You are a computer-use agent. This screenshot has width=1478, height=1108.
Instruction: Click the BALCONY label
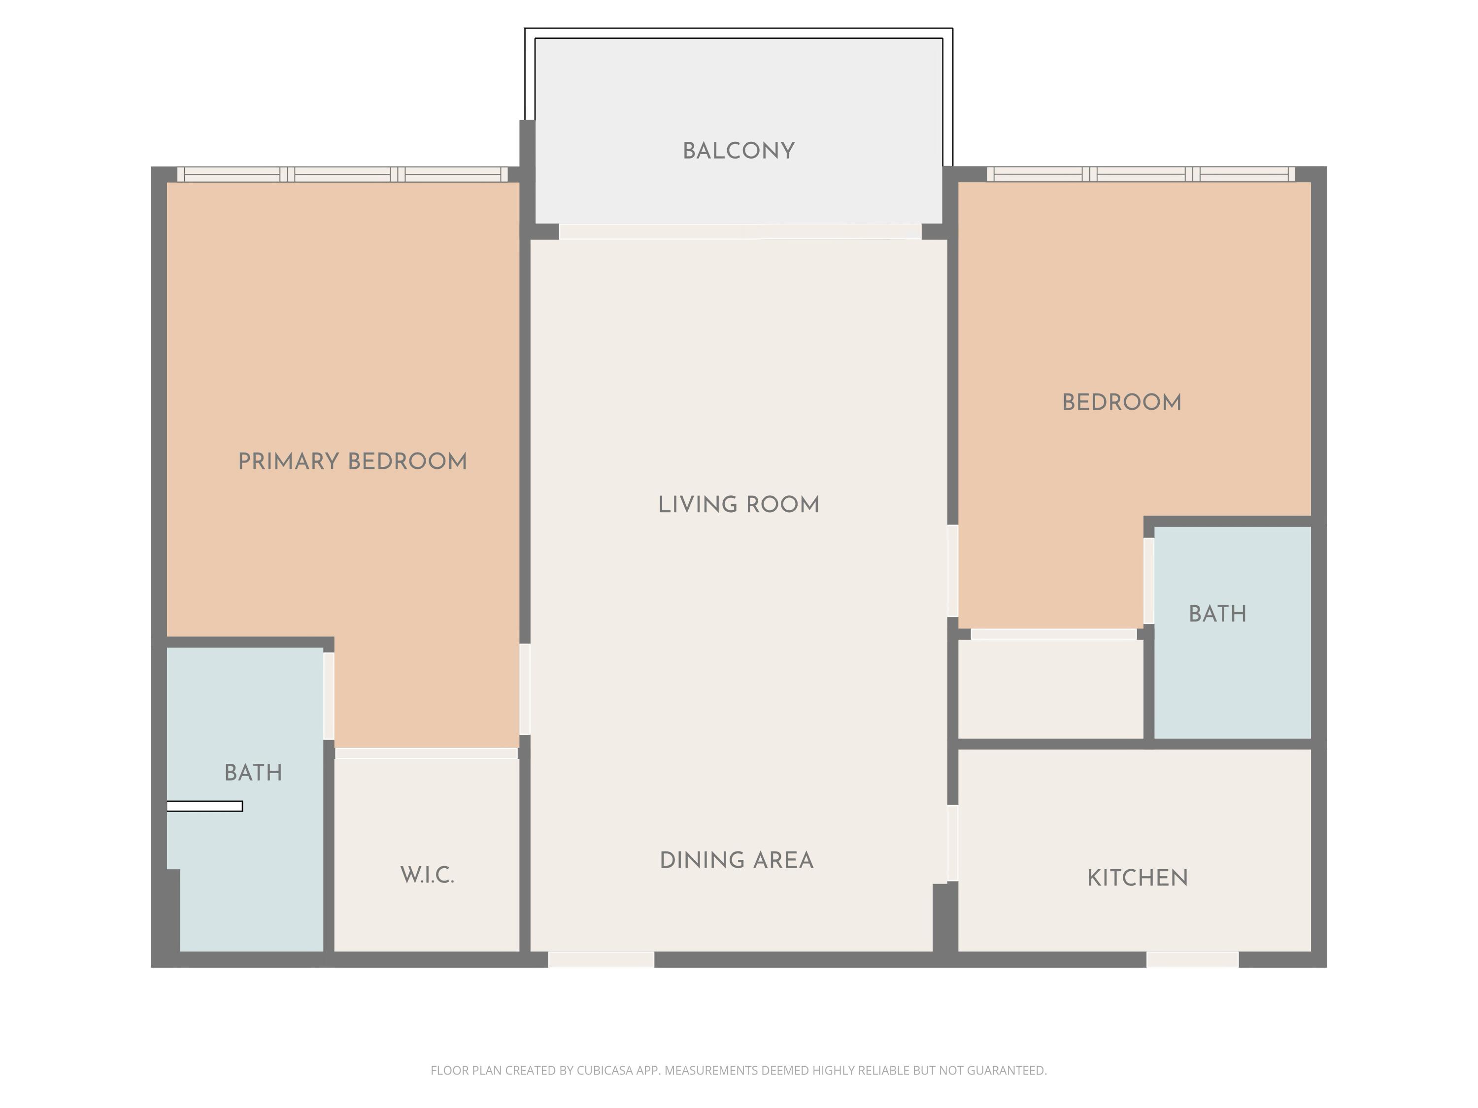tap(739, 151)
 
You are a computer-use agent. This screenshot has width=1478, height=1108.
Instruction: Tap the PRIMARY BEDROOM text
tap(352, 461)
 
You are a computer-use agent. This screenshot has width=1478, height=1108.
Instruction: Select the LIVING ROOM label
tap(739, 505)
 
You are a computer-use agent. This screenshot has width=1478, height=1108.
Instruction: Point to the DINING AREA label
tap(737, 860)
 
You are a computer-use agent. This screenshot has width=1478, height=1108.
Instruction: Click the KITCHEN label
tap(1137, 878)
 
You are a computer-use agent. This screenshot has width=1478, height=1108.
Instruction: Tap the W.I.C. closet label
tap(427, 875)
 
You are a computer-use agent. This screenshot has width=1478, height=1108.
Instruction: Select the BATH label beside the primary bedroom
tap(253, 773)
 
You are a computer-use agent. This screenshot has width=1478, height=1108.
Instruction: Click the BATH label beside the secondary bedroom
tap(1217, 614)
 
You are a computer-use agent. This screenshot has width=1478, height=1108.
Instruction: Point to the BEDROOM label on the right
tap(1121, 403)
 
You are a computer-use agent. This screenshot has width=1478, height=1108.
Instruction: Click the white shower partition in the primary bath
tap(204, 806)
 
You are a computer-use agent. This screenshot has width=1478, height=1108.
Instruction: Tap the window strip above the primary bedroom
tap(342, 174)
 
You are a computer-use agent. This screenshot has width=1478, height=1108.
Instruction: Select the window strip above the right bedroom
tap(1141, 174)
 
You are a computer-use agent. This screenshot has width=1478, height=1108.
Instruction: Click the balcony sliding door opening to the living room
tap(739, 232)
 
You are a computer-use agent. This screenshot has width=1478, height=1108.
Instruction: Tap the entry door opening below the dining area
tap(601, 959)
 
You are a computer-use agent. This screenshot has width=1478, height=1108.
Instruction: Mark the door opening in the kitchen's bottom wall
tap(1192, 959)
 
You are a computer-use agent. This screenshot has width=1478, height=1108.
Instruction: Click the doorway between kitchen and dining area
tap(953, 843)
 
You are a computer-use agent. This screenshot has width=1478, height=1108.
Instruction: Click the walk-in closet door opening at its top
tap(426, 753)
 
